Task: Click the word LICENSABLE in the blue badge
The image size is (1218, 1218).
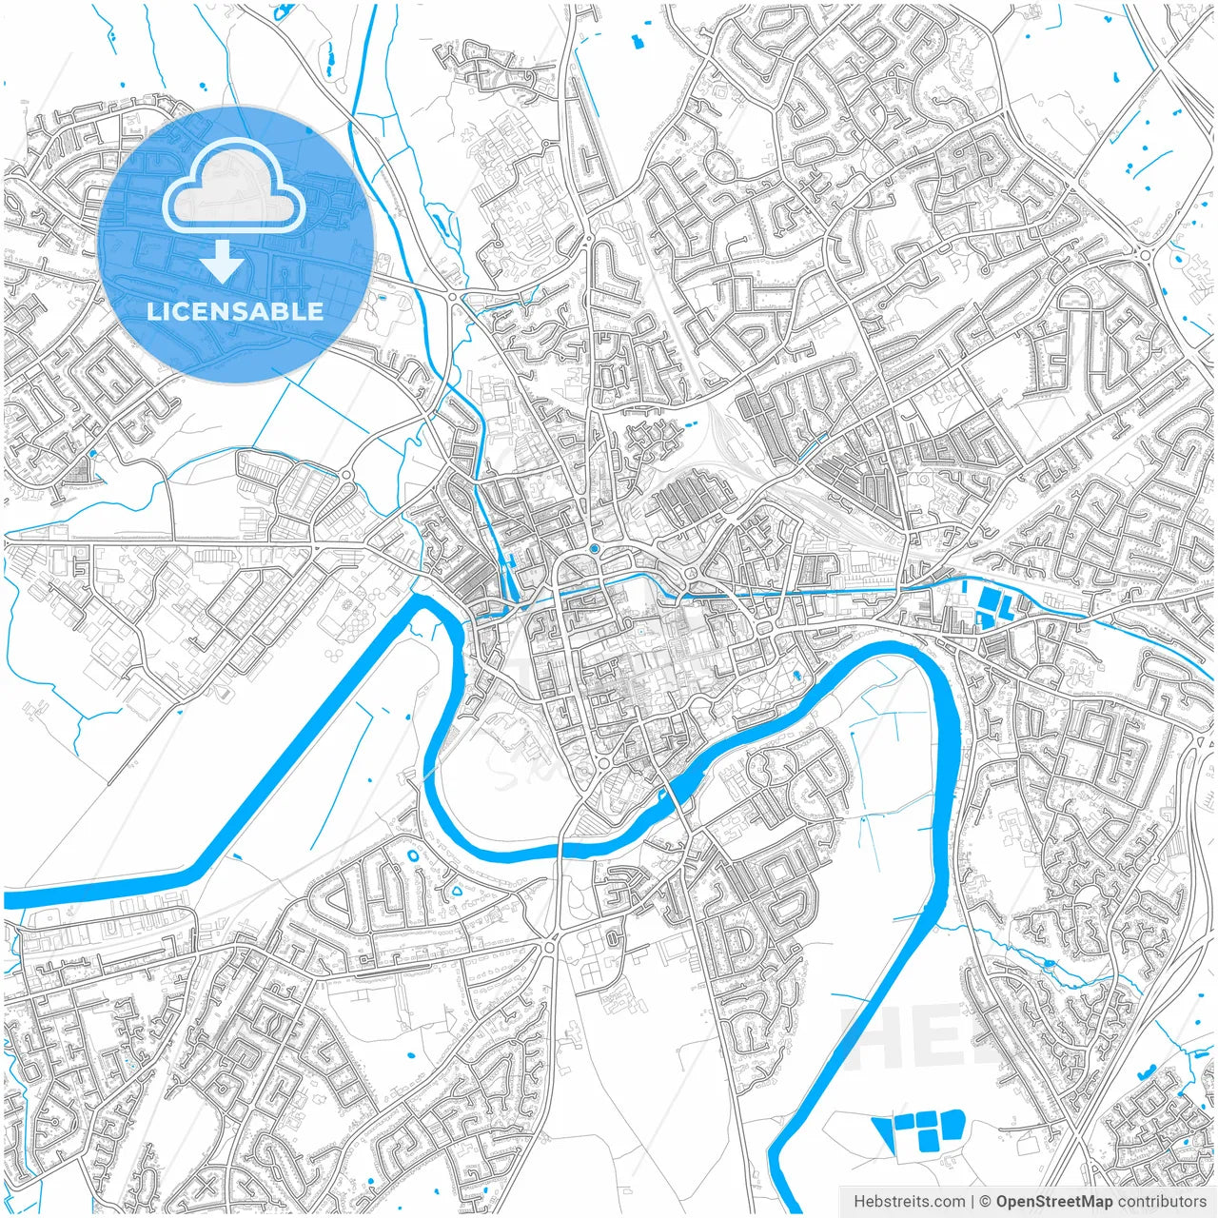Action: [235, 311]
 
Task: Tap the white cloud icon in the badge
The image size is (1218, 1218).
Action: [234, 186]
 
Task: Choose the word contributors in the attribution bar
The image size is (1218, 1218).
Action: [1162, 1202]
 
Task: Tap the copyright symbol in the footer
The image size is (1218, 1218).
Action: [986, 1202]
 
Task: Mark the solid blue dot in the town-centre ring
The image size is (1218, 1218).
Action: [594, 549]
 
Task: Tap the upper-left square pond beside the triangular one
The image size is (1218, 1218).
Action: [905, 1122]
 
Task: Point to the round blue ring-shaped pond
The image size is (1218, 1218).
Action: [414, 855]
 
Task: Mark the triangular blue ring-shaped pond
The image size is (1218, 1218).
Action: [457, 892]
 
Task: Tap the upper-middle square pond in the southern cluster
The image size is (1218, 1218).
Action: [926, 1120]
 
